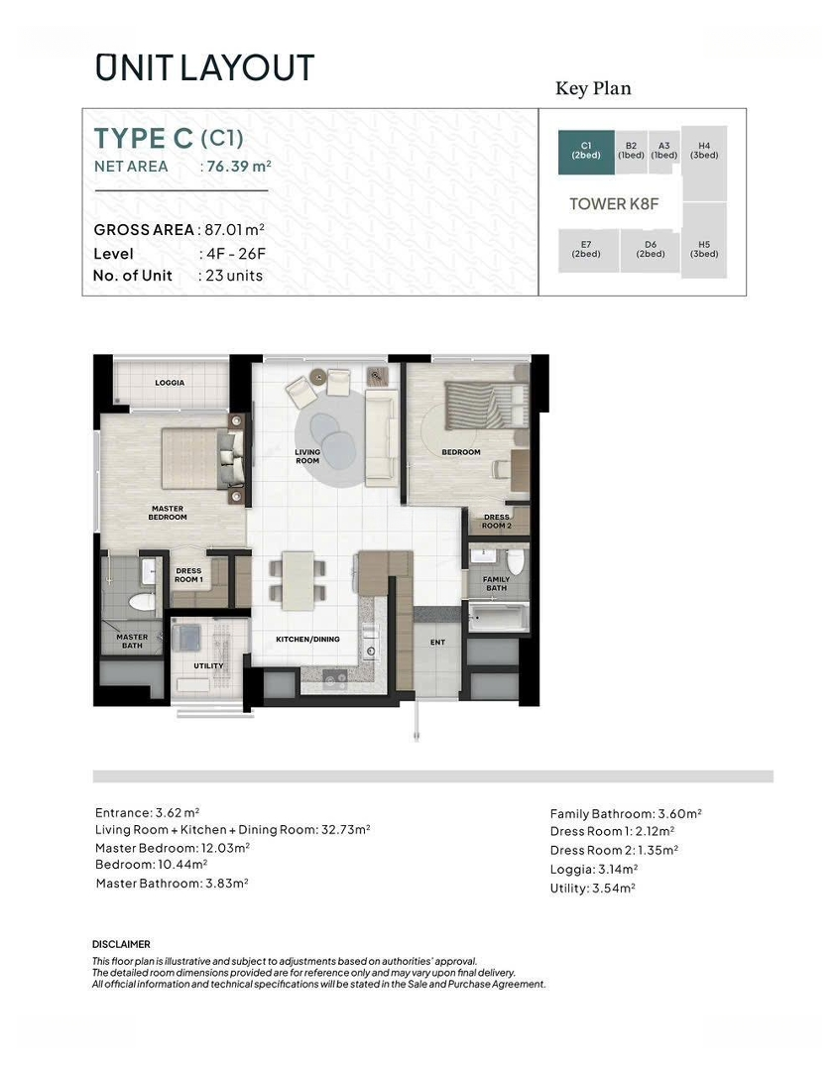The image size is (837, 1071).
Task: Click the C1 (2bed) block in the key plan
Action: pyautogui.click(x=586, y=153)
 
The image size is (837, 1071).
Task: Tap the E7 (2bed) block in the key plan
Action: pyautogui.click(x=586, y=251)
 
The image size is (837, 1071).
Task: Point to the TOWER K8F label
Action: pyautogui.click(x=614, y=203)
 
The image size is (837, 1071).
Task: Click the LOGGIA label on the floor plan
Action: pyautogui.click(x=170, y=383)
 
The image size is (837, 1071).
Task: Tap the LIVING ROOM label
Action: pyautogui.click(x=307, y=456)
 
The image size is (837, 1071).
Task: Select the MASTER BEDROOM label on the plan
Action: pyautogui.click(x=168, y=513)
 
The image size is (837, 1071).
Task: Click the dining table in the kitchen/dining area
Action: pyautogui.click(x=298, y=580)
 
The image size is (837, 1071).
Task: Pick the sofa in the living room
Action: pyautogui.click(x=381, y=437)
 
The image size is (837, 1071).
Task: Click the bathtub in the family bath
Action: pyautogui.click(x=498, y=617)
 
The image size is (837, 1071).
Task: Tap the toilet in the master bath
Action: pyautogui.click(x=142, y=602)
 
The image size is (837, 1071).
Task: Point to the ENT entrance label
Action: pyautogui.click(x=438, y=642)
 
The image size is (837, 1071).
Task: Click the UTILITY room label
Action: pyautogui.click(x=208, y=666)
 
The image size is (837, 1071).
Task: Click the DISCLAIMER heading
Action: pyautogui.click(x=121, y=945)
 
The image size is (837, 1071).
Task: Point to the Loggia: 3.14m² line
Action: pyautogui.click(x=594, y=870)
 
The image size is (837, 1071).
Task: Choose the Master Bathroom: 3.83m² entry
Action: pyautogui.click(x=173, y=884)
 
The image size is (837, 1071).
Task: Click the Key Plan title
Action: pyautogui.click(x=593, y=88)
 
